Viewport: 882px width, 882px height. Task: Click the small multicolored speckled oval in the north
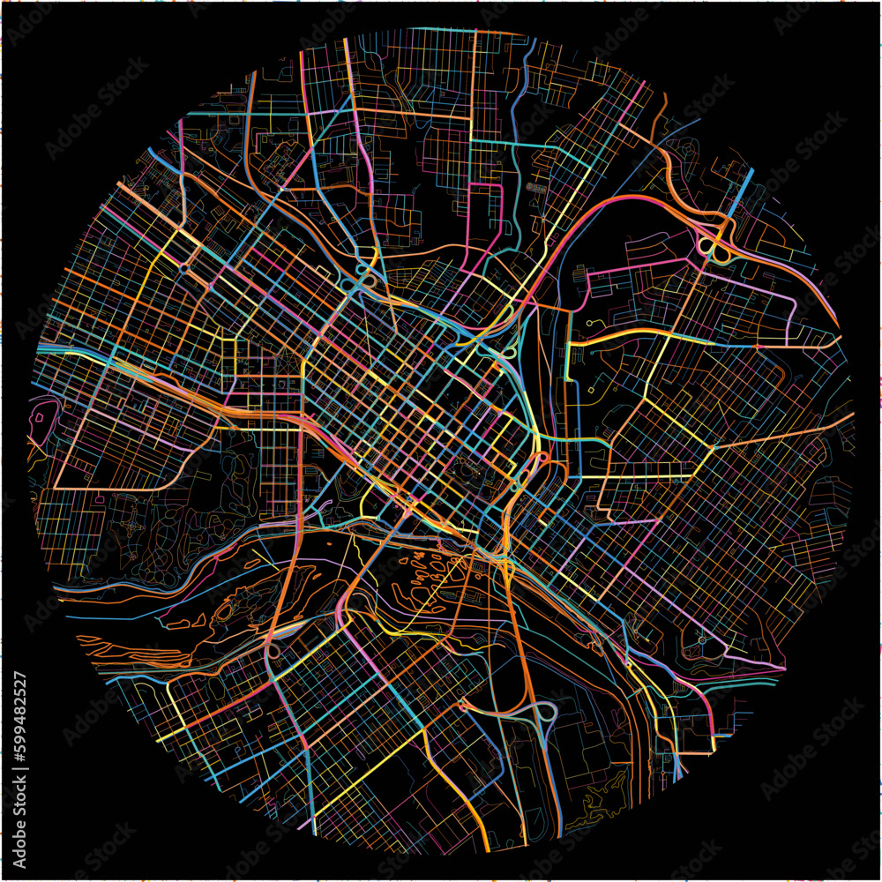(x=534, y=188)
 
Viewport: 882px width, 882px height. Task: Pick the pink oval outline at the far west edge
(x=41, y=415)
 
